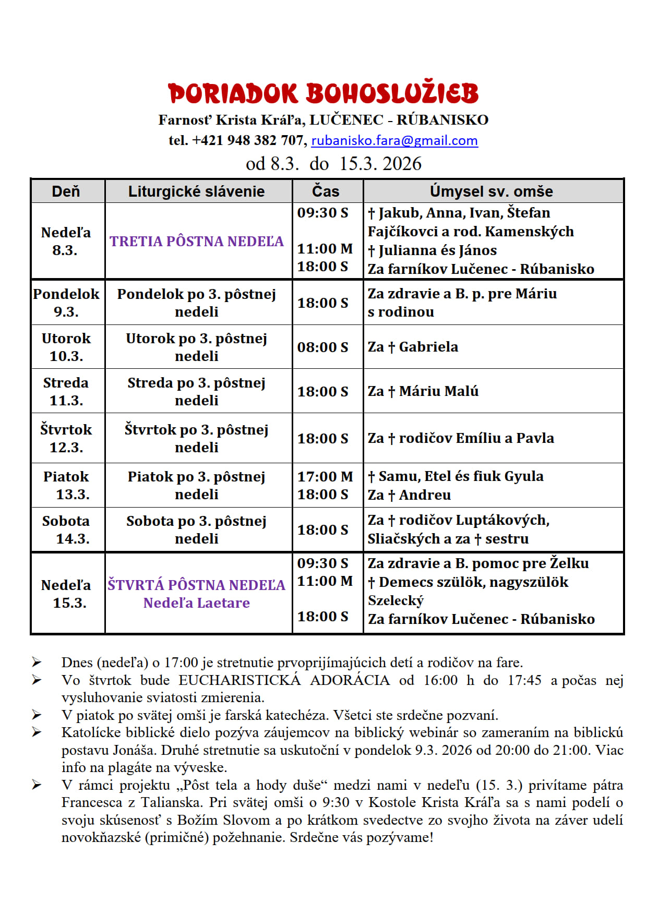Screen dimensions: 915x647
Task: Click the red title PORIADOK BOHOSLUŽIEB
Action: click(x=323, y=94)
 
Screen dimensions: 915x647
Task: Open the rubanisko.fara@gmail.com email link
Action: click(x=394, y=140)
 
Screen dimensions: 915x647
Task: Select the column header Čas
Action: click(x=326, y=191)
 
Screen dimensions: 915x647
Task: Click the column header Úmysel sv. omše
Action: click(x=491, y=191)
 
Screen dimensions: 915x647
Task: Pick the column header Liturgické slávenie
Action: click(x=196, y=191)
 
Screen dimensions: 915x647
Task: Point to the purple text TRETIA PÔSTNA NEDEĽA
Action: click(x=196, y=241)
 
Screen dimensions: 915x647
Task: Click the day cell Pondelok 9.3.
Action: click(x=66, y=303)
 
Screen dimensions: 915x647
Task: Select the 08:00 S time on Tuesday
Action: click(x=322, y=347)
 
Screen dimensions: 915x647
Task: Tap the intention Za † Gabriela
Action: click(x=413, y=347)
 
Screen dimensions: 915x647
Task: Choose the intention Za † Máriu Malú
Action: click(x=423, y=391)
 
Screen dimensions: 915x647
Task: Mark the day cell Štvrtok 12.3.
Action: click(x=66, y=438)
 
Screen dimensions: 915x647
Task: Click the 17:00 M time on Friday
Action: click(x=325, y=476)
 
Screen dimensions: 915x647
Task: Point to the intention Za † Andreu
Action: click(x=409, y=495)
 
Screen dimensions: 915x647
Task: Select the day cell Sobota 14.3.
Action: click(x=66, y=529)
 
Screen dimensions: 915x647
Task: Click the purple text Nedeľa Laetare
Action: click(x=196, y=603)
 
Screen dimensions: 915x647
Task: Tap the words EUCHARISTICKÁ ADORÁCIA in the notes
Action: click(x=284, y=680)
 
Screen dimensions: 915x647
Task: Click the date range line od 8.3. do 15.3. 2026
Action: click(x=333, y=164)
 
